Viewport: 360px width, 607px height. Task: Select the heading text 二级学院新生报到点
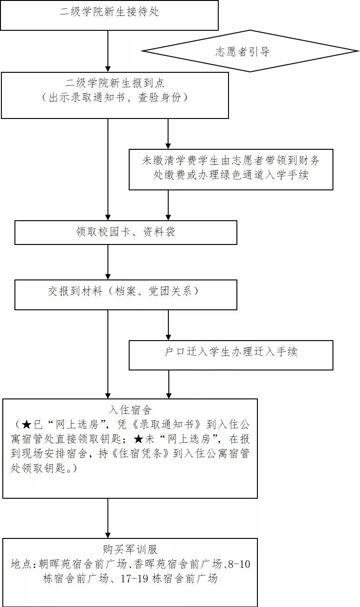click(x=115, y=84)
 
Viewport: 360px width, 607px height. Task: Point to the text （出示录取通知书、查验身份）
click(x=115, y=98)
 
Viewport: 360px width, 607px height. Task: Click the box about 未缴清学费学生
click(x=231, y=169)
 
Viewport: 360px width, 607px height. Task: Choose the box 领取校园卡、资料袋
click(x=125, y=232)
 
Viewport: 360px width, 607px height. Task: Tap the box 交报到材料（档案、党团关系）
click(x=125, y=292)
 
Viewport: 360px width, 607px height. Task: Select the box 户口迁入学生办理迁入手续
click(x=231, y=352)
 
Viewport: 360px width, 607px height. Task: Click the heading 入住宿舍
click(x=130, y=411)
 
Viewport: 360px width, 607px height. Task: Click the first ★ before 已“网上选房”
click(x=27, y=425)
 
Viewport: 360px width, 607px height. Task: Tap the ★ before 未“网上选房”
click(x=139, y=439)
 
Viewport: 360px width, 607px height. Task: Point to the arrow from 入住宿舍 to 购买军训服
click(x=108, y=518)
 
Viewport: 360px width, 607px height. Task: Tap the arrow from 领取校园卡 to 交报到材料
click(x=108, y=262)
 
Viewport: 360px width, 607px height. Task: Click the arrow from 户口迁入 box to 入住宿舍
click(x=168, y=384)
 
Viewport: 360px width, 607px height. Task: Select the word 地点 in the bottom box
click(x=21, y=565)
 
